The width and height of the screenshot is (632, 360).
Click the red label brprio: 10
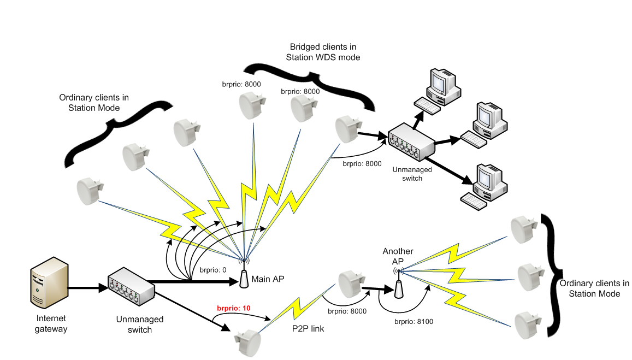click(234, 308)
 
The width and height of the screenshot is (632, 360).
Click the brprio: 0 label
click(212, 270)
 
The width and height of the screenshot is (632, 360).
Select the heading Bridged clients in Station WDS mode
click(324, 52)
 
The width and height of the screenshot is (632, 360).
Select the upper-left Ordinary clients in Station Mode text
click(94, 102)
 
